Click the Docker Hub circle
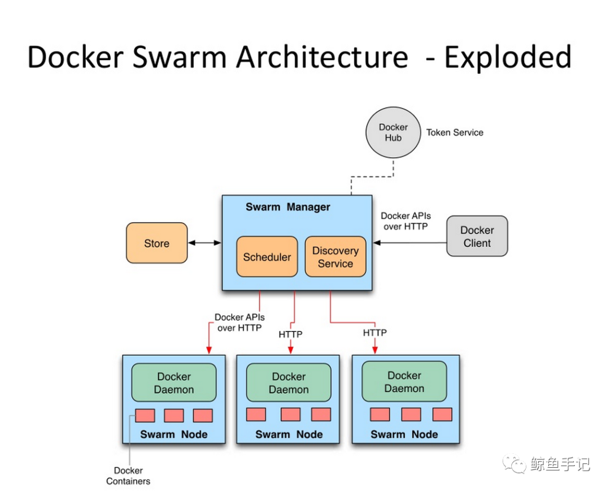[394, 133]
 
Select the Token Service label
[455, 132]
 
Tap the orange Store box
[156, 243]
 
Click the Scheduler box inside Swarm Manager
[267, 257]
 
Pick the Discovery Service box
[335, 257]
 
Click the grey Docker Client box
[477, 236]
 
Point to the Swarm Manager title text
[287, 207]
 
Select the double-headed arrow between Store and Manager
[204, 243]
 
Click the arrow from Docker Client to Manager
[409, 243]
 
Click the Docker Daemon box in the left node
[174, 383]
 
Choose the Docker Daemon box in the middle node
[289, 383]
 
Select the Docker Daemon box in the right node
[404, 382]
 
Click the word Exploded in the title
[508, 58]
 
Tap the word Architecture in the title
[322, 58]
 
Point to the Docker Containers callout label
[128, 476]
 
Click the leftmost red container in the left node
[145, 416]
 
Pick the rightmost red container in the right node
[442, 414]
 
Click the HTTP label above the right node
[374, 333]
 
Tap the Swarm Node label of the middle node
[289, 434]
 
